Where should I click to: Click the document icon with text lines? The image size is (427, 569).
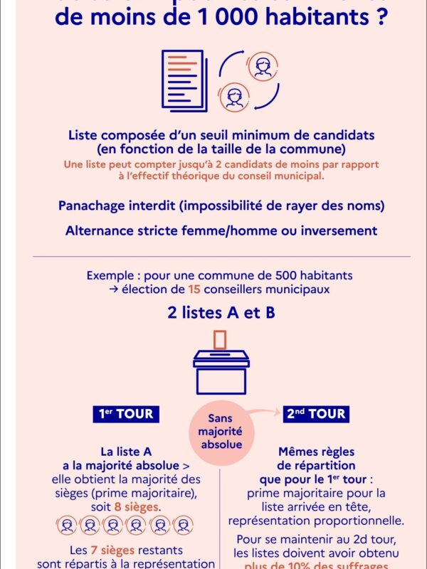click(183, 79)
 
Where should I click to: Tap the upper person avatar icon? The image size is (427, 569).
click(263, 66)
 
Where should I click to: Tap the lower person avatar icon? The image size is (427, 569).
click(233, 96)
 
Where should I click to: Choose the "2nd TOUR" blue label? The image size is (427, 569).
click(316, 414)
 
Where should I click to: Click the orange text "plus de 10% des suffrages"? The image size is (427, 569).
click(313, 565)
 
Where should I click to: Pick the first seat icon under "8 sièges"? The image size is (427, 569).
click(67, 525)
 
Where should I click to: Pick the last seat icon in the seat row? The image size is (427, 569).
click(183, 525)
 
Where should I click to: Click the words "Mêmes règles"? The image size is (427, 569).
click(315, 452)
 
